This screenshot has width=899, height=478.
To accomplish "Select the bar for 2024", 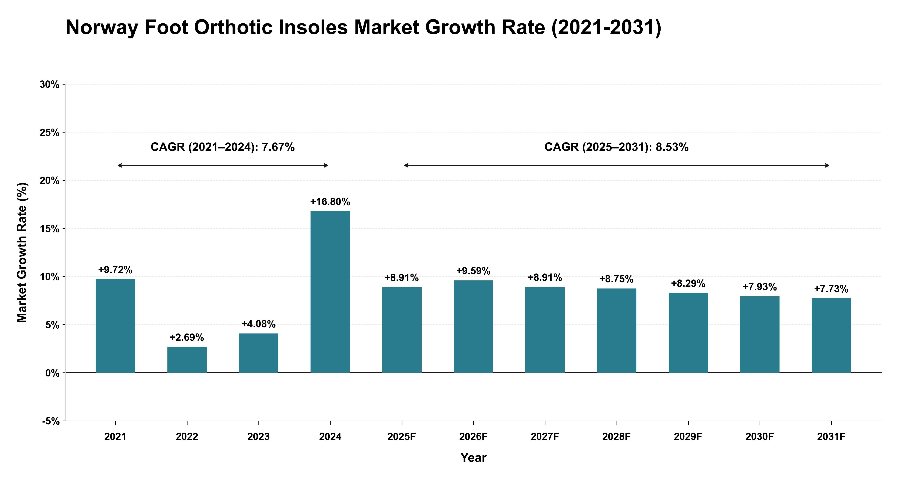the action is (x=330, y=292).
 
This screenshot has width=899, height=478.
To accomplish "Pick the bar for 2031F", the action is (x=831, y=335).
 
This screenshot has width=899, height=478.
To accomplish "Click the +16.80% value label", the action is (x=330, y=202).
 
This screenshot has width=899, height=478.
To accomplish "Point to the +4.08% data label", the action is (x=259, y=324).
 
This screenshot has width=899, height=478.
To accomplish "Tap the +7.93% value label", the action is (x=760, y=287).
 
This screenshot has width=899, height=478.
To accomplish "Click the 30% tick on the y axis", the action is (x=50, y=85).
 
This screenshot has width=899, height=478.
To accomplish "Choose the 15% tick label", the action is (x=50, y=229).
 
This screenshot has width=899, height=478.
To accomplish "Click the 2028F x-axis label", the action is (x=617, y=437).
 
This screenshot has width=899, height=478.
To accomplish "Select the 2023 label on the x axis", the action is (x=259, y=437).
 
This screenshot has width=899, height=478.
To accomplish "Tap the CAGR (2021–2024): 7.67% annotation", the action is (x=223, y=147).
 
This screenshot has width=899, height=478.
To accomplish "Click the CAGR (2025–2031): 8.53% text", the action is (x=617, y=147).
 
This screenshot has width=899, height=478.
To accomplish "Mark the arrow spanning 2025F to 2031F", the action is (x=617, y=165).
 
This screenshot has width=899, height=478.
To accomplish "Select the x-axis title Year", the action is (x=473, y=458).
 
